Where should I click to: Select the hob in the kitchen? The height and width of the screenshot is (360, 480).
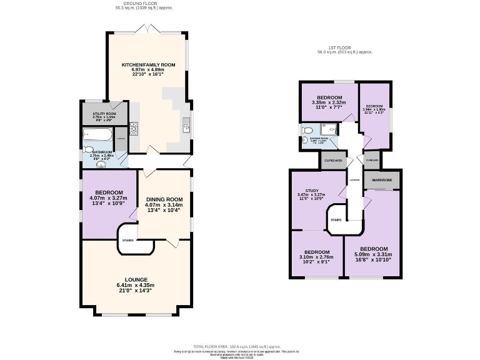(133, 129)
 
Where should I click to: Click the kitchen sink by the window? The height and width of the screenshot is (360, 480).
(186, 127)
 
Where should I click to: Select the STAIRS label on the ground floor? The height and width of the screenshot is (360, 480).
(128, 239)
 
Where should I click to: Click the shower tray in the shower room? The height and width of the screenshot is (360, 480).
(334, 129)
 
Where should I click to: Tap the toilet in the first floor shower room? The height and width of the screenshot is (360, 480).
(306, 130)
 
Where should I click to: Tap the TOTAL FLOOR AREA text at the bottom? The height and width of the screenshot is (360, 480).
(237, 346)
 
